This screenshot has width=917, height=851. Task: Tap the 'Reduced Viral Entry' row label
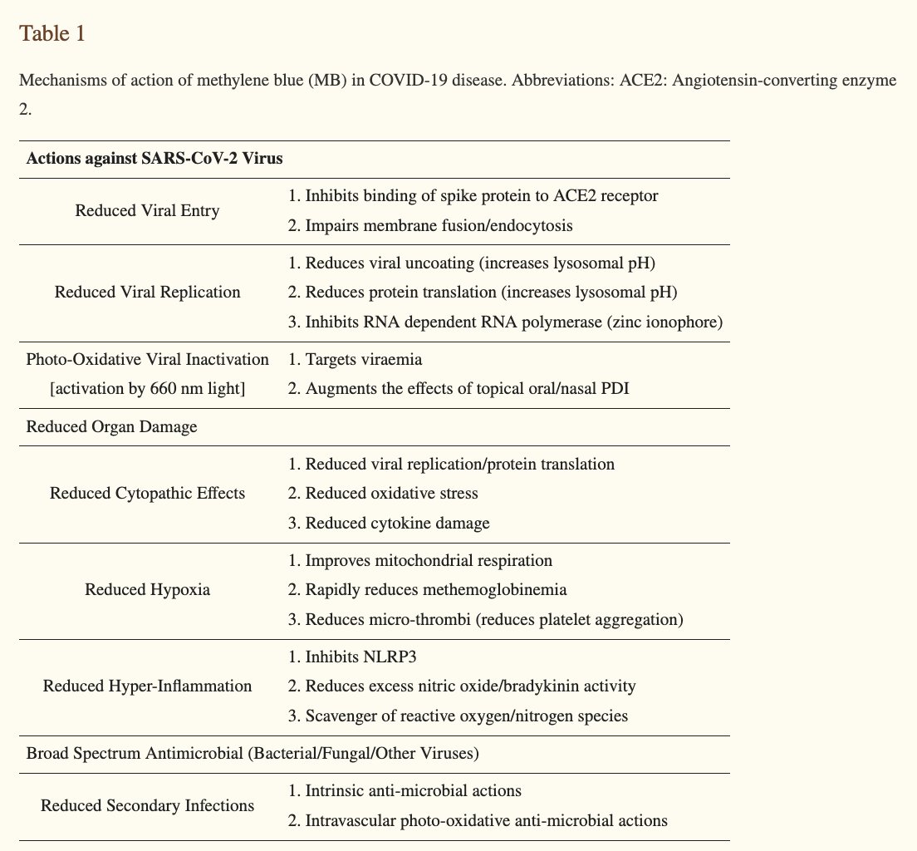tap(147, 210)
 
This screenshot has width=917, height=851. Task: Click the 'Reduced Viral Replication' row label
tap(147, 292)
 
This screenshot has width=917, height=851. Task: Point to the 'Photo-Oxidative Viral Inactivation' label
tap(147, 360)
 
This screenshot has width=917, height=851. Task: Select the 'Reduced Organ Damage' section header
tap(111, 426)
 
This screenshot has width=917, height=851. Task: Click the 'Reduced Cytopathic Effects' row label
tap(147, 493)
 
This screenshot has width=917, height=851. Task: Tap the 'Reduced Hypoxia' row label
tap(147, 590)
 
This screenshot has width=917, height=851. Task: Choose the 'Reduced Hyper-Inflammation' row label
tap(147, 686)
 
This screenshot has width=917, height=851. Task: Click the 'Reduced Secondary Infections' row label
tap(147, 805)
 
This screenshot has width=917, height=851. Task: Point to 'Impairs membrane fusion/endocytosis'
tap(439, 225)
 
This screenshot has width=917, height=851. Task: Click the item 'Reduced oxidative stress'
tap(391, 494)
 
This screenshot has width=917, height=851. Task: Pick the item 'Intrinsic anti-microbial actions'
tap(413, 790)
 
